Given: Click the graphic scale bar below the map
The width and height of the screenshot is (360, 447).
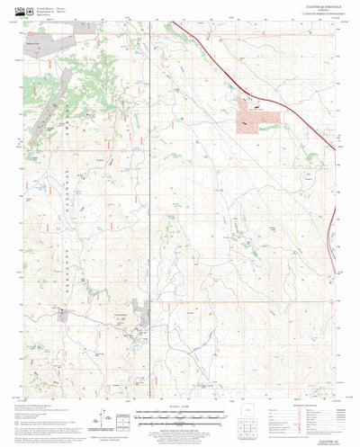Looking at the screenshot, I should (181, 415).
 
